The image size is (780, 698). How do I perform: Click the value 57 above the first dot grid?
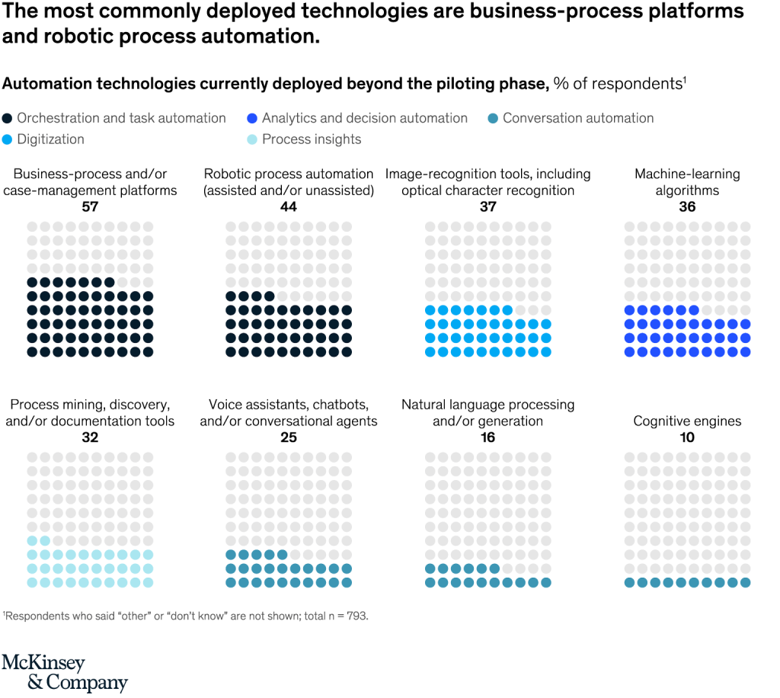pyautogui.click(x=90, y=207)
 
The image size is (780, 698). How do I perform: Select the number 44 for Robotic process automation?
pyautogui.click(x=288, y=207)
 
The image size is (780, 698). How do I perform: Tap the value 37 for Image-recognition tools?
pyautogui.click(x=487, y=207)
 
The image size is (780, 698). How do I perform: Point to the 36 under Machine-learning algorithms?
pyautogui.click(x=687, y=207)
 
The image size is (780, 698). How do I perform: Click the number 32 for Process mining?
pyautogui.click(x=90, y=437)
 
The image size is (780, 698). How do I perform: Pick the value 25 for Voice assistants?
pyautogui.click(x=288, y=437)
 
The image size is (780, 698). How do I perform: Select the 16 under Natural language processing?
pyautogui.click(x=487, y=437)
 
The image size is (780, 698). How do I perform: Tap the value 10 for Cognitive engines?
pyautogui.click(x=687, y=437)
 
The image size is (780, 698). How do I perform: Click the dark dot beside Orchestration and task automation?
pyautogui.click(x=8, y=119)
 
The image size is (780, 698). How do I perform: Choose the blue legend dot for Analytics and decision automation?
pyautogui.click(x=253, y=119)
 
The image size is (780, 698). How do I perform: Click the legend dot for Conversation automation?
pyautogui.click(x=493, y=119)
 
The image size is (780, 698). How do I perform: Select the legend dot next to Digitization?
pyautogui.click(x=8, y=139)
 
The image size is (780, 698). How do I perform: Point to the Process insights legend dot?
pyautogui.click(x=253, y=139)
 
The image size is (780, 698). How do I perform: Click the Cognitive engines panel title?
pyautogui.click(x=687, y=421)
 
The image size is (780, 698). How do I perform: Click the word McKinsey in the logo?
pyautogui.click(x=43, y=663)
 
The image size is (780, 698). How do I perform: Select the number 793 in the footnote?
pyautogui.click(x=357, y=616)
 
